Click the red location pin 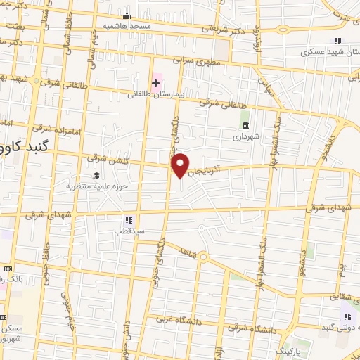coord(181,165)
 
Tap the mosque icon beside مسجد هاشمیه coord(127,15)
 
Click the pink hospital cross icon coord(155,82)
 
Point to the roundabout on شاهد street coord(202,258)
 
